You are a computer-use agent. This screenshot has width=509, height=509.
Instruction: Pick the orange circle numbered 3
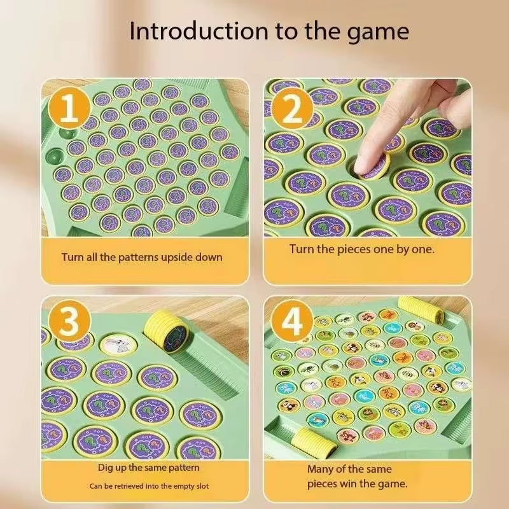(69, 323)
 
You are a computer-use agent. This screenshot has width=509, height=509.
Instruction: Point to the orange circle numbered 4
(292, 323)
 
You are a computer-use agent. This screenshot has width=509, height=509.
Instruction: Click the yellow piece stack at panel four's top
(416, 308)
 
